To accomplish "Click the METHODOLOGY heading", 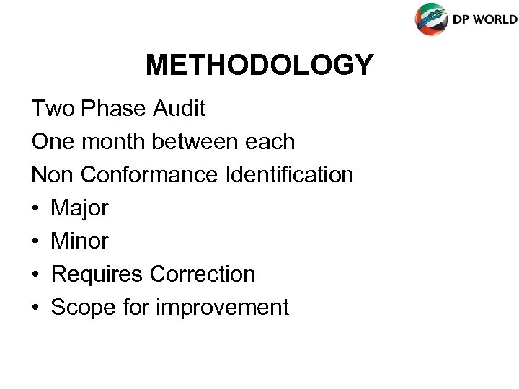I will coord(259,65).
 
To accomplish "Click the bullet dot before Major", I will coord(36,209).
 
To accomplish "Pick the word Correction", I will coord(203,274).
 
